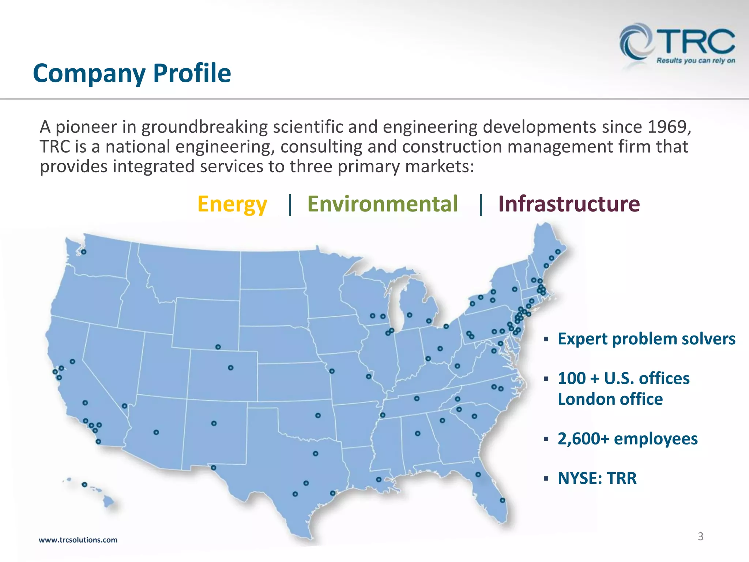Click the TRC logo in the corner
click(677, 42)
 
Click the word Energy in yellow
click(232, 204)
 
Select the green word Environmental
click(382, 204)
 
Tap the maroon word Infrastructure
click(569, 204)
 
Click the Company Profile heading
click(132, 73)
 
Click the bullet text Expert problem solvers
click(646, 339)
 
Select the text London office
click(610, 399)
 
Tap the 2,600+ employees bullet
click(627, 439)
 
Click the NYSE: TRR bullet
click(597, 478)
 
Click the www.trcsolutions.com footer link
click(78, 540)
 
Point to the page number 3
click(700, 536)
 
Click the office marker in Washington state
click(84, 252)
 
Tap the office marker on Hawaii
click(84, 484)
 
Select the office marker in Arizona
click(156, 432)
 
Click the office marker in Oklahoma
click(318, 415)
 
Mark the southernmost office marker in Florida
click(503, 500)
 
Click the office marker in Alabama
click(418, 433)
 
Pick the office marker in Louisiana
click(379, 479)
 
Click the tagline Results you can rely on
click(696, 60)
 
